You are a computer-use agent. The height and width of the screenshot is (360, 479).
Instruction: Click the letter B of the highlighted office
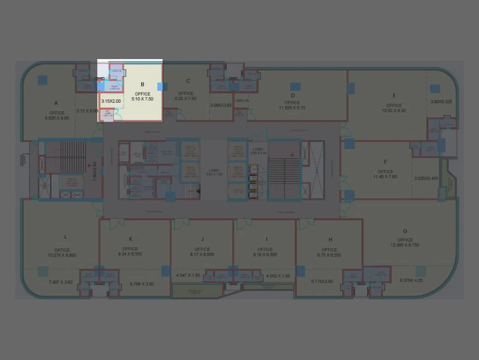click(x=143, y=85)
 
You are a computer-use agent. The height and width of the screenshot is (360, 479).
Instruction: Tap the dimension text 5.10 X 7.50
click(x=143, y=99)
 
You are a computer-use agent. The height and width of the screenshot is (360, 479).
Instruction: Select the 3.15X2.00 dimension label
click(x=111, y=101)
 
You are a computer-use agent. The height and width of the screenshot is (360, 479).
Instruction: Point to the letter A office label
click(x=56, y=103)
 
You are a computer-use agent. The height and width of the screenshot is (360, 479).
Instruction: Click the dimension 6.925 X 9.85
click(x=57, y=118)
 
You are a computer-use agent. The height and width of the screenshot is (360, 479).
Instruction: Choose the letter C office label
click(x=188, y=81)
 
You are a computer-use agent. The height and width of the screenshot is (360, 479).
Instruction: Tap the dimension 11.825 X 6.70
click(x=292, y=108)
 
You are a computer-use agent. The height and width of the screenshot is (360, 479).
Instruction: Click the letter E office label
click(x=394, y=95)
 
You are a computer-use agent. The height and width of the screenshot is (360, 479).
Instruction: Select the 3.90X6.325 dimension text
click(x=441, y=102)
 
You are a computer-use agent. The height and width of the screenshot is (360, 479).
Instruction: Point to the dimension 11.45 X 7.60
click(x=385, y=177)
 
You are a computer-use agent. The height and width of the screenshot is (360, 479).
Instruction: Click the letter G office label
click(x=405, y=231)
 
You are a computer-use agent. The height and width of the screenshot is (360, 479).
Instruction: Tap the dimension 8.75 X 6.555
click(x=329, y=255)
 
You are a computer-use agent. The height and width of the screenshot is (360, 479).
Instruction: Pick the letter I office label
click(x=266, y=239)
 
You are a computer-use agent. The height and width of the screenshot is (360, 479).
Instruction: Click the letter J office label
click(x=202, y=239)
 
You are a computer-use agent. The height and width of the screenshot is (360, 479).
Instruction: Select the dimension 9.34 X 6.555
click(x=130, y=254)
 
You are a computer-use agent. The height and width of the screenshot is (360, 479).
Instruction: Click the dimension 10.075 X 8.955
click(x=62, y=255)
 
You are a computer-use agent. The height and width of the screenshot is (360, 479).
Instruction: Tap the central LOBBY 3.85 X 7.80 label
click(x=214, y=172)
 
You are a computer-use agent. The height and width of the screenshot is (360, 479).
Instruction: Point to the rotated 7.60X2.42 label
click(x=95, y=171)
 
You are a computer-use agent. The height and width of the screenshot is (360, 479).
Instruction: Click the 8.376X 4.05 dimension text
click(x=411, y=280)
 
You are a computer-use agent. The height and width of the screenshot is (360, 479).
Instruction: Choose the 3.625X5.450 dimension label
click(x=426, y=178)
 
